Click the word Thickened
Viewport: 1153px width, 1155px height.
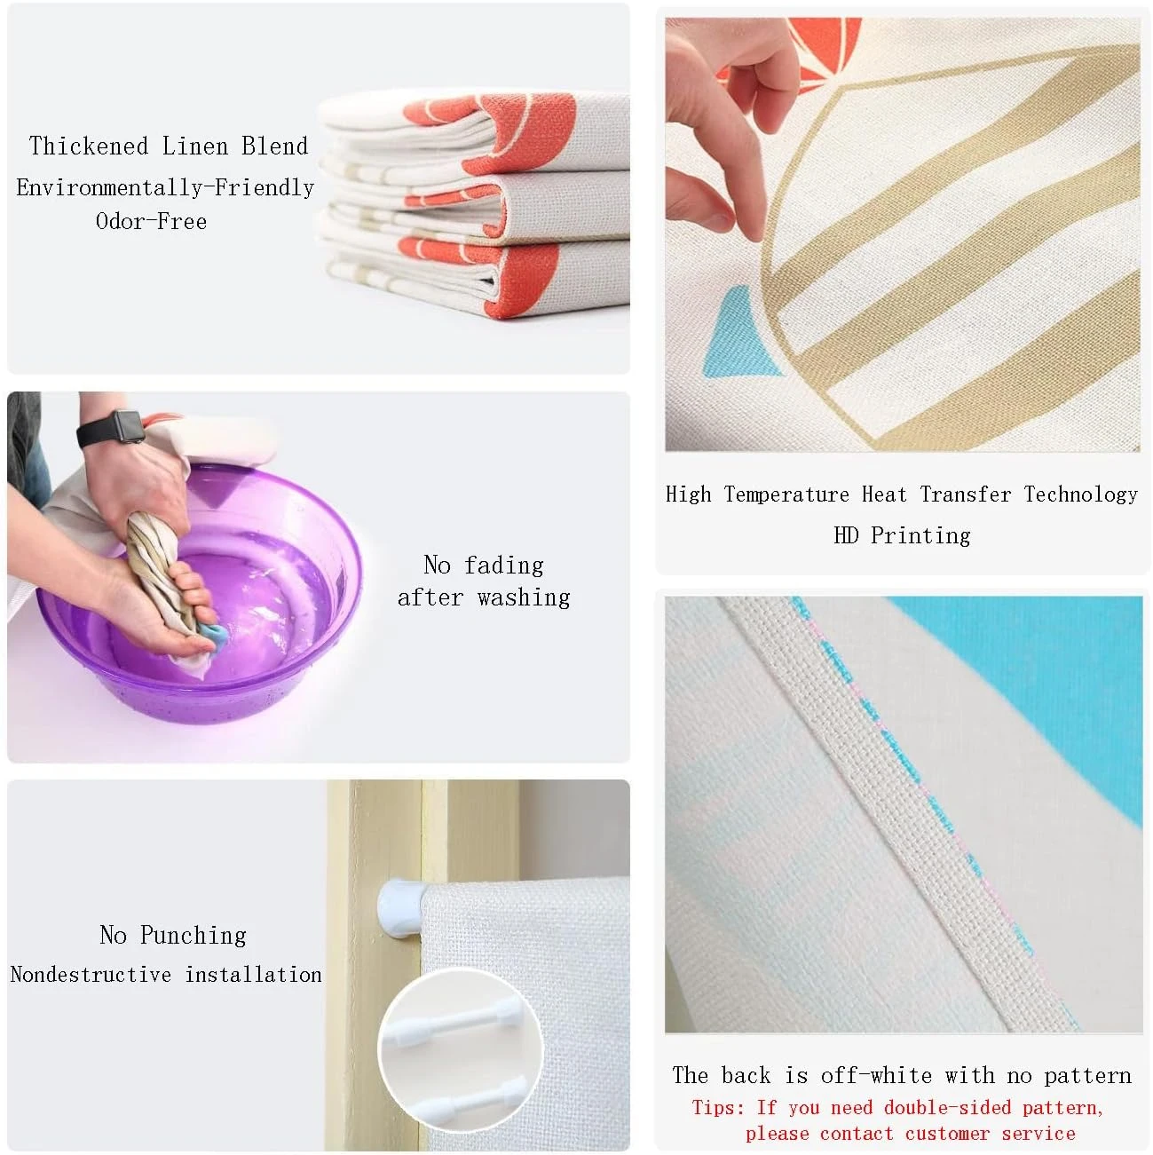(x=89, y=146)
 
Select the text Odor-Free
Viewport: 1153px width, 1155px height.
(x=151, y=221)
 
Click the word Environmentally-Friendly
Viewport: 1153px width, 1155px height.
(x=165, y=187)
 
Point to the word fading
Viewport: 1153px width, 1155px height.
(x=504, y=566)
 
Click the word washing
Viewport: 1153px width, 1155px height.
(x=524, y=598)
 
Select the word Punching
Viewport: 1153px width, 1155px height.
(x=193, y=935)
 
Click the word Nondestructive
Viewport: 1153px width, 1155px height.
(x=91, y=974)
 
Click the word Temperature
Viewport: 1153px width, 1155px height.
(x=786, y=494)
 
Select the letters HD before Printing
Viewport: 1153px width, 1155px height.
(x=846, y=534)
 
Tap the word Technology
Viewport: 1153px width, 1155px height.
(x=1080, y=494)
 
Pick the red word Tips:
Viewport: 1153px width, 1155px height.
(x=718, y=1108)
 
